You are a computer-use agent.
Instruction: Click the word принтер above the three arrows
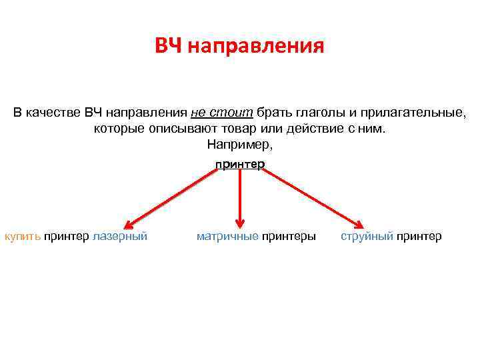tap(239, 164)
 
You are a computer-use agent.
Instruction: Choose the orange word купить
tap(23, 236)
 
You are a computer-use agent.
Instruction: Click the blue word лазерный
tap(120, 236)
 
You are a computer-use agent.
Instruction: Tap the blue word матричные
tap(227, 236)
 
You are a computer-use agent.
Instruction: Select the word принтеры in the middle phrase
tap(289, 236)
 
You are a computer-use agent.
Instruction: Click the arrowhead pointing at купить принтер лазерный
tap(129, 225)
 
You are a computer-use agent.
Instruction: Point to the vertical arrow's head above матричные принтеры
tap(240, 223)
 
